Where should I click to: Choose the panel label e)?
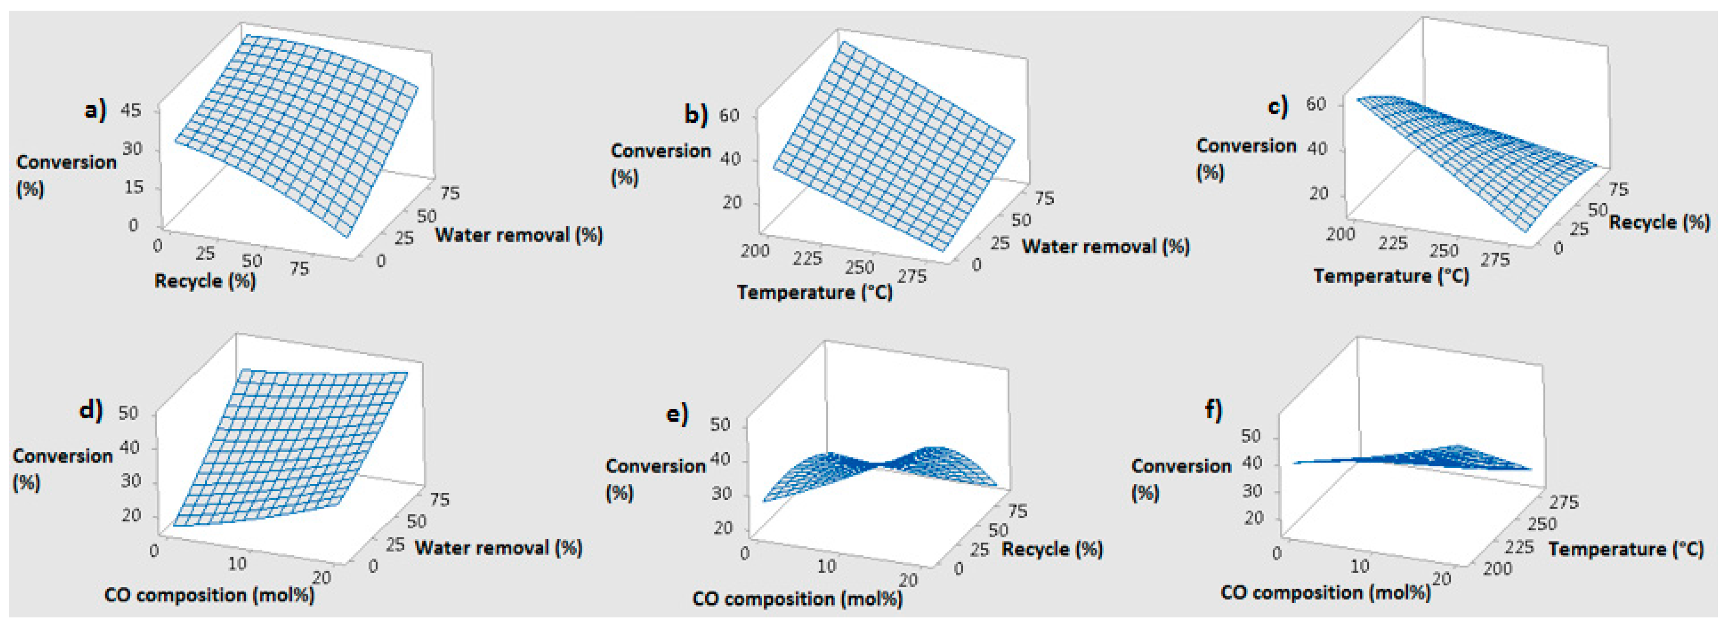[x=677, y=414]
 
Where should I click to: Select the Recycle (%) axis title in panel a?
[x=205, y=280]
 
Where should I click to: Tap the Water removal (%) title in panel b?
[x=1105, y=246]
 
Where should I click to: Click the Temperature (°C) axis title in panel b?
[x=814, y=292]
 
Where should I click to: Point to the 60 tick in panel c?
[x=1316, y=105]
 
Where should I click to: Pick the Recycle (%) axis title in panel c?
[x=1659, y=222]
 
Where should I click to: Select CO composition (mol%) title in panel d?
[x=210, y=595]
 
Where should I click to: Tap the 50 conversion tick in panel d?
[x=128, y=413]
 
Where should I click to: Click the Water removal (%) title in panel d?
[x=498, y=548]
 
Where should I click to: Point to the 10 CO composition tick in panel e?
[x=826, y=566]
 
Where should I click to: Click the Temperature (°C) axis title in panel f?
[x=1626, y=549]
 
